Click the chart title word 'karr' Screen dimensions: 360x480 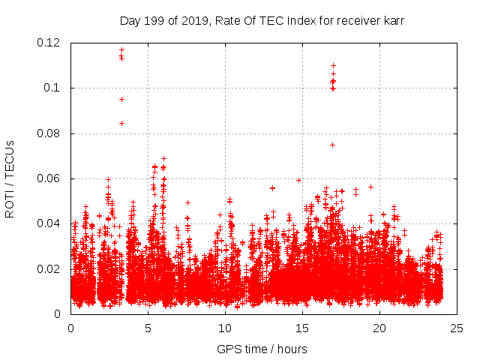tap(392, 20)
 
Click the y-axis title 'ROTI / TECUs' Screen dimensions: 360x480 tap(10, 178)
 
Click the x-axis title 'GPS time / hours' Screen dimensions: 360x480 tap(262, 349)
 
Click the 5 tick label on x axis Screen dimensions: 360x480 tap(148, 328)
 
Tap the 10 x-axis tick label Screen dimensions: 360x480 tap(225, 328)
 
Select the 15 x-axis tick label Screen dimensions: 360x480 tap(302, 328)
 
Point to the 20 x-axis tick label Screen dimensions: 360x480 tap(379, 328)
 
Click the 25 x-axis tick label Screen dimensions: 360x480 tap(457, 328)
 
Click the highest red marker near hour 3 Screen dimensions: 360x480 tap(121, 50)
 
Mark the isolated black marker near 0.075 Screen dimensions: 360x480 tap(332, 145)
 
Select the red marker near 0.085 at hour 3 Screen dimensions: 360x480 tap(121, 123)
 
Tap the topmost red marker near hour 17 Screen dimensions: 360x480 tap(333, 65)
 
